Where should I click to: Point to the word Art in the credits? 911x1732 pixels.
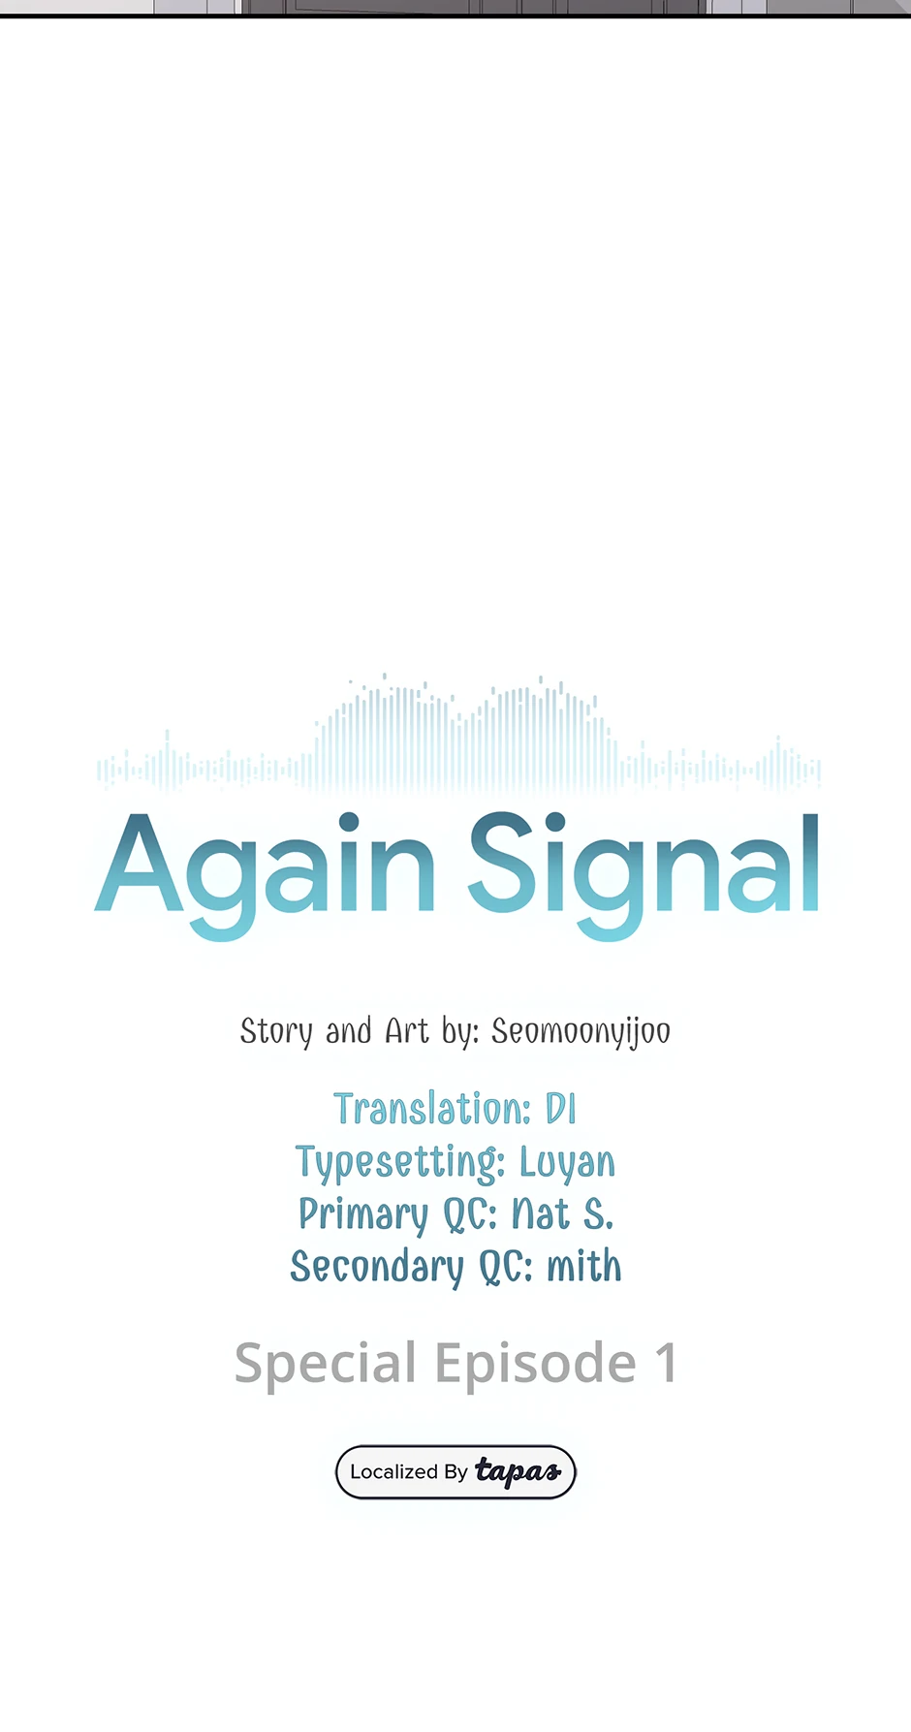click(x=407, y=1030)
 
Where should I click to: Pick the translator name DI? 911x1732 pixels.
click(x=561, y=1109)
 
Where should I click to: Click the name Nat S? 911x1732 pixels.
click(x=562, y=1213)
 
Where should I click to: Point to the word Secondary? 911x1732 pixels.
click(x=377, y=1268)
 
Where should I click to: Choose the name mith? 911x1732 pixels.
click(x=584, y=1266)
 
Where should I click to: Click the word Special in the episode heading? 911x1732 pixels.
click(x=326, y=1365)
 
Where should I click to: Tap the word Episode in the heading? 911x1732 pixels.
click(x=535, y=1365)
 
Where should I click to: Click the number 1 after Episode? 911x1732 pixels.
click(x=666, y=1363)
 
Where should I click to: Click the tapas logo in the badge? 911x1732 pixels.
click(x=518, y=1472)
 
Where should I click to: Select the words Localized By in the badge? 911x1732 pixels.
click(x=408, y=1472)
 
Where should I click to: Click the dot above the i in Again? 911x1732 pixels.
click(x=348, y=823)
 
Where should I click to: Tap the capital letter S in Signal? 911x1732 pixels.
click(x=503, y=862)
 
